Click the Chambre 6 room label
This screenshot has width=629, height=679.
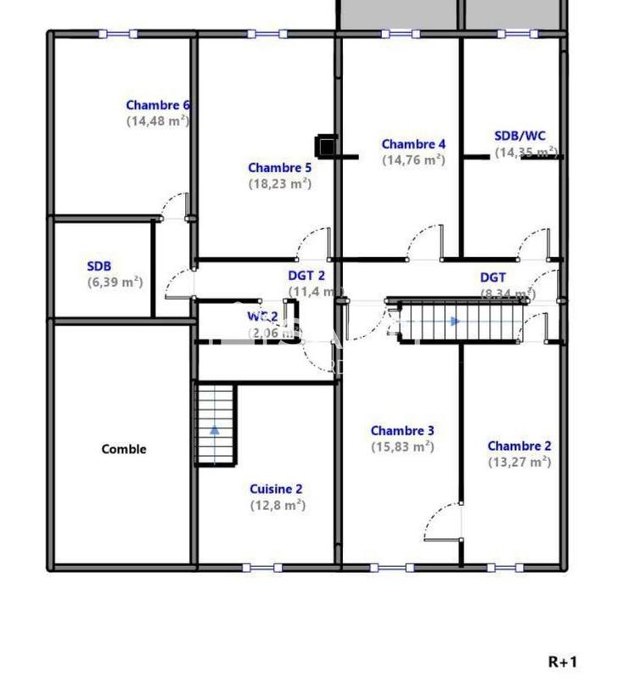(158, 105)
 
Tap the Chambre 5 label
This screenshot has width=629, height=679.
(279, 168)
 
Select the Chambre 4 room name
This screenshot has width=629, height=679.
(413, 144)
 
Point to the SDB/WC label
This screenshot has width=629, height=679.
(520, 136)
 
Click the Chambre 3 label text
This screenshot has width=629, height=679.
(402, 431)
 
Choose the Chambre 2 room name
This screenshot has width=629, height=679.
(519, 446)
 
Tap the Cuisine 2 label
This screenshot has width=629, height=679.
(276, 489)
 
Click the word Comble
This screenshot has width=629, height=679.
(124, 450)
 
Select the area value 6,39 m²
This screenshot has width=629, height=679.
(115, 283)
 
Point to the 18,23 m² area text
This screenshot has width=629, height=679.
(279, 183)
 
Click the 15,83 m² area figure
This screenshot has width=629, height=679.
(402, 446)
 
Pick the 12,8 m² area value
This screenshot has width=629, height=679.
(277, 505)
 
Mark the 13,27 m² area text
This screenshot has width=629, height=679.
(519, 463)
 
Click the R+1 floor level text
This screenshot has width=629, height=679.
(563, 661)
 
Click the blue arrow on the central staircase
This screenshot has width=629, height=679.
(456, 322)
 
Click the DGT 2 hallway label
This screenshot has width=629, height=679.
(306, 276)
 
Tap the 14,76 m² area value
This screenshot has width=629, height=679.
(413, 160)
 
